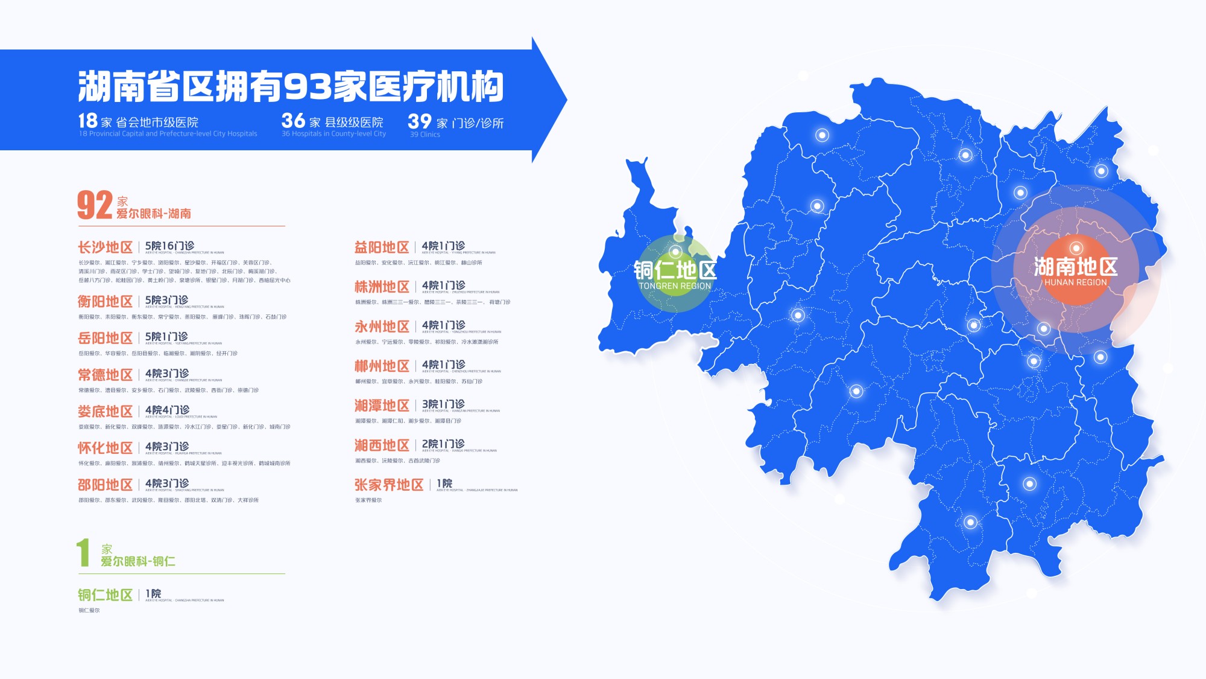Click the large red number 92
(95, 205)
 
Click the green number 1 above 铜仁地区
(83, 553)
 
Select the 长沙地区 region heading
(105, 247)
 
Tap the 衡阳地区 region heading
(105, 302)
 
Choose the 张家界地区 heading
(389, 485)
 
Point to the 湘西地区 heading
(382, 445)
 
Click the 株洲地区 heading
(382, 287)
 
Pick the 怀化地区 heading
(105, 448)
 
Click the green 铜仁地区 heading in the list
(105, 595)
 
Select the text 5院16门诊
(169, 246)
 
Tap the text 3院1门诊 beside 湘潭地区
(443, 404)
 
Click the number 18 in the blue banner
(87, 121)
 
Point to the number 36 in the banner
(293, 121)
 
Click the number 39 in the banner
(420, 121)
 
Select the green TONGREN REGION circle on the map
(675, 273)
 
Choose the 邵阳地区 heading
(105, 485)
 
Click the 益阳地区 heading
(382, 247)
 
